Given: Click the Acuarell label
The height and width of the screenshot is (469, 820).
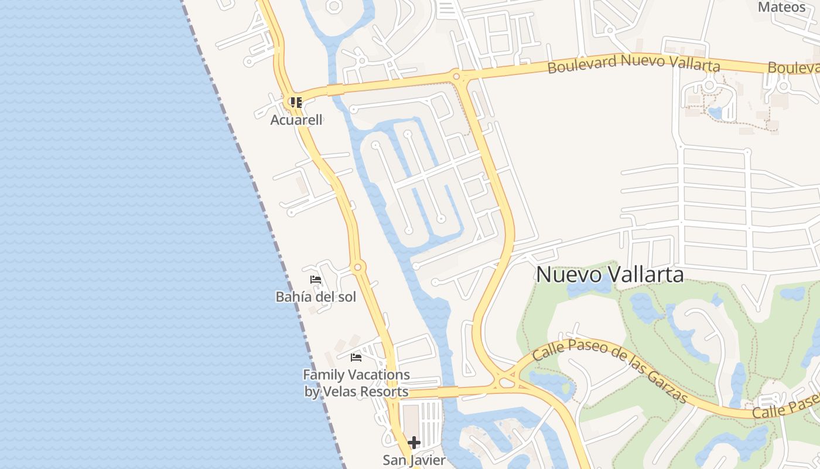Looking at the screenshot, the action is click(296, 120).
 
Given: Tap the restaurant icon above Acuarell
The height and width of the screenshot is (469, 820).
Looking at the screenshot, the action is click(296, 103).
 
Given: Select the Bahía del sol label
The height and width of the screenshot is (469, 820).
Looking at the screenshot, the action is click(316, 297).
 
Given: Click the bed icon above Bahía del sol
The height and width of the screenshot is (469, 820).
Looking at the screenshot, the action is click(316, 280).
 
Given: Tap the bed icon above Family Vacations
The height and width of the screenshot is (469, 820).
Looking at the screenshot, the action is click(356, 358).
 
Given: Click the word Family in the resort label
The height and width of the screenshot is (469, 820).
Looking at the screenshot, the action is click(323, 375).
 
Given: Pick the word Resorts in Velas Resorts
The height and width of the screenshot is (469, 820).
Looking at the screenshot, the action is click(384, 392).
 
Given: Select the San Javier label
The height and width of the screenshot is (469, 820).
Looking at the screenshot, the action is click(414, 460).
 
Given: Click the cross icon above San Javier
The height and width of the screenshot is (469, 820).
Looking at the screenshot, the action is click(414, 442).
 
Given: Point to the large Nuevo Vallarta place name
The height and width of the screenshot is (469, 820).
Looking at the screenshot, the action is click(610, 274).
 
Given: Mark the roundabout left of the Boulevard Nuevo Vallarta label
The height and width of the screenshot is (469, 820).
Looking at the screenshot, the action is click(456, 76).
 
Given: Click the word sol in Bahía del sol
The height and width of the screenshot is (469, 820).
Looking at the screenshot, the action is click(344, 297).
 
